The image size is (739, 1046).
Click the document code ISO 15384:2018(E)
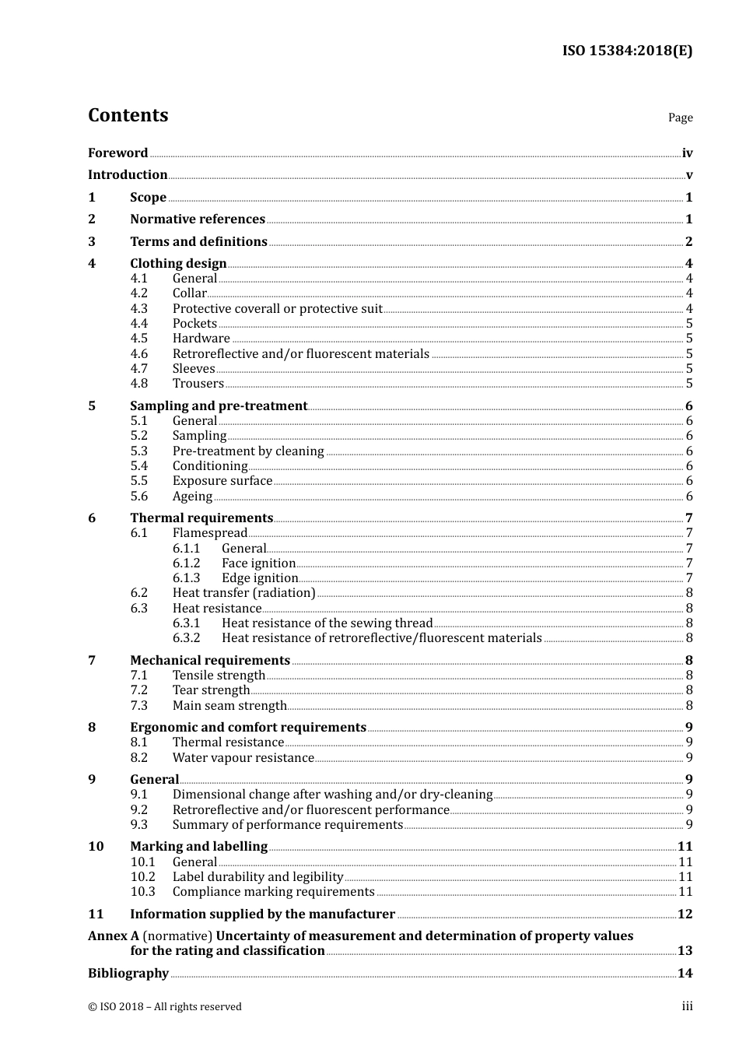pos(627,51)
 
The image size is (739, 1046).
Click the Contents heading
pos(128,115)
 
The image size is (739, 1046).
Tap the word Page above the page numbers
pos(680,118)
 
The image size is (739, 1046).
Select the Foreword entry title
pos(117,153)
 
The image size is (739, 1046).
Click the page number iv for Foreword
pos(687,153)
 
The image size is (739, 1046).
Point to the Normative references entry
pos(198,219)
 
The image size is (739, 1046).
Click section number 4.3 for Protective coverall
pos(138,308)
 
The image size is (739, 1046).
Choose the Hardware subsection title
pos(201,339)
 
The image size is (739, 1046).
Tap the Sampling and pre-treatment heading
pos(219,405)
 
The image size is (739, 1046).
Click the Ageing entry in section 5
pos(192,497)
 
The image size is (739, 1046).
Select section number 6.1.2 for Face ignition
pos(186,563)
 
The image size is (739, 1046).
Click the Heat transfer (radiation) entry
pos(243,593)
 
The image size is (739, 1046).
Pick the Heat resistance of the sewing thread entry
pos(327,623)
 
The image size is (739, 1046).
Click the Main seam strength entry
pos(229,706)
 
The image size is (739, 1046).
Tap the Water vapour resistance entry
pos(243,758)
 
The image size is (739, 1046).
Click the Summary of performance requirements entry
pos(287,825)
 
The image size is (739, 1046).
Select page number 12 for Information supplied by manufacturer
pos(685,914)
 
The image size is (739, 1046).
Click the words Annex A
pos(113,936)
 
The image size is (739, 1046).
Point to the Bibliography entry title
pos(128,974)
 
